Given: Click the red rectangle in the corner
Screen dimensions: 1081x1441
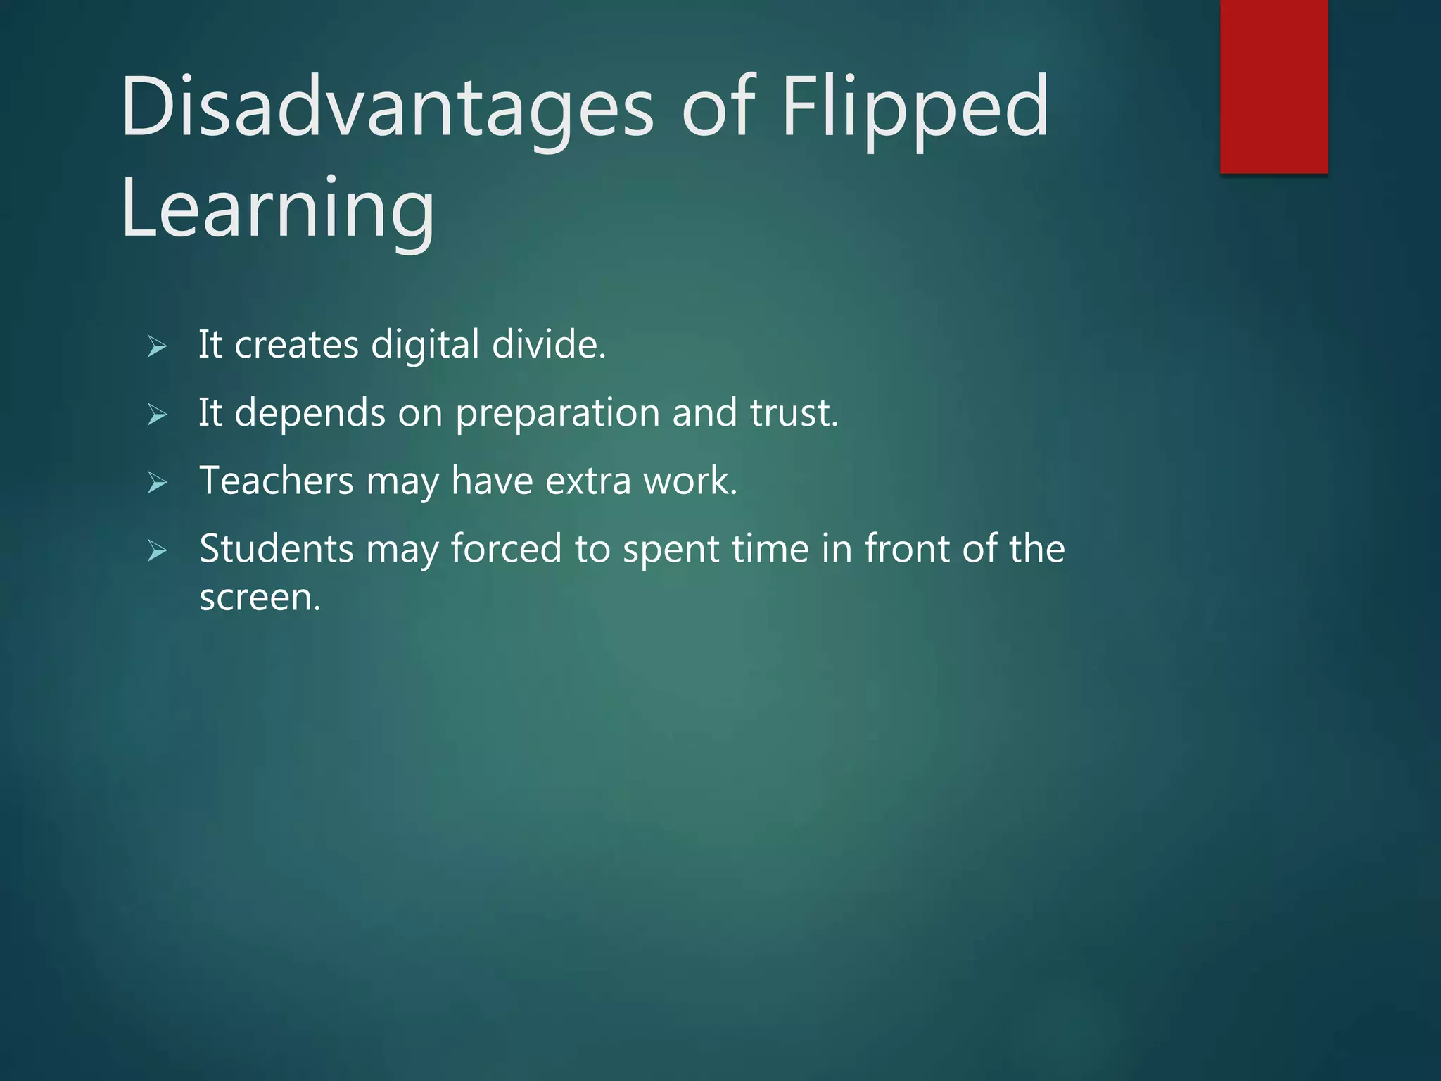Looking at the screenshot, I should point(1274,86).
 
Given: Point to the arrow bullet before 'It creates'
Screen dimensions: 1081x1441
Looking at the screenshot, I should point(157,346).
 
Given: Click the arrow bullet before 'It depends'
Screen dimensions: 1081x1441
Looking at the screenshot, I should point(157,415).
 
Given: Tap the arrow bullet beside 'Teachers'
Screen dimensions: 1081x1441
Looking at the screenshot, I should point(157,483).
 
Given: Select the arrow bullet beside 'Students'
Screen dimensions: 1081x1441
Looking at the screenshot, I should point(157,550).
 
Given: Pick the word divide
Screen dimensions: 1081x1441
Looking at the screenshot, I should point(548,344).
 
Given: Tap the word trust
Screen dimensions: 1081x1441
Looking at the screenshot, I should point(794,413).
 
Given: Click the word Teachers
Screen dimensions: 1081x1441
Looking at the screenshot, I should point(276,481).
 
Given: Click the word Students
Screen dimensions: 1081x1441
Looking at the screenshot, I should point(276,549).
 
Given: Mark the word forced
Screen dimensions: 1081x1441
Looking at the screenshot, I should point(506,549).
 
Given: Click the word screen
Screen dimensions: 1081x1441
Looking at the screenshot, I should point(260,598).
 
